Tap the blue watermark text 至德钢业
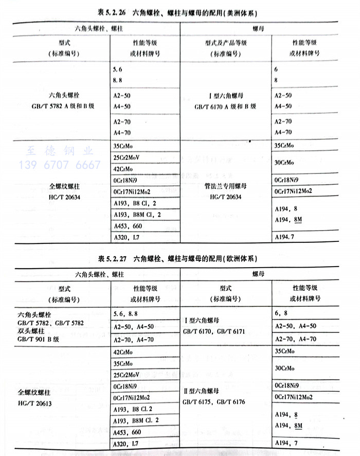pyautogui.click(x=60, y=151)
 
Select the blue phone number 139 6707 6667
pyautogui.click(x=60, y=165)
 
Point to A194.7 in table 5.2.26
pyautogui.click(x=286, y=237)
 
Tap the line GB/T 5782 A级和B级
pyautogui.click(x=61, y=107)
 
